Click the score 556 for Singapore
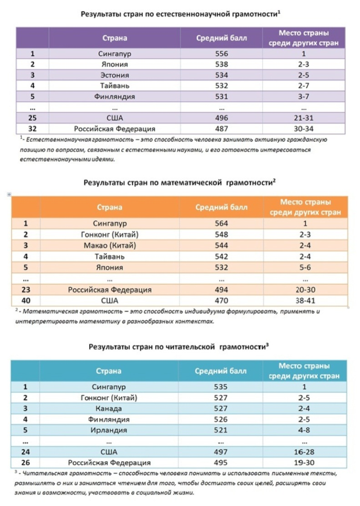[x=222, y=54]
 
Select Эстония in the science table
[x=115, y=75]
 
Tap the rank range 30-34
[x=305, y=129]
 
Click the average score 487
[x=222, y=129]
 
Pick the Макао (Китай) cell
[x=110, y=246]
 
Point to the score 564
[x=222, y=224]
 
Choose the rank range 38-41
[x=305, y=301]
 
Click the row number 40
[x=25, y=301]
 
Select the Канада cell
[x=109, y=409]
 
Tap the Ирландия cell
[x=109, y=430]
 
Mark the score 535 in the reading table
[x=221, y=387]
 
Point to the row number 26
[x=25, y=462]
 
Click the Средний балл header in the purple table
[x=221, y=38]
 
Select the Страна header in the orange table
[x=110, y=208]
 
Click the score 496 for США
[x=222, y=118]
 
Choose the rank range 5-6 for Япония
[x=305, y=267]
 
